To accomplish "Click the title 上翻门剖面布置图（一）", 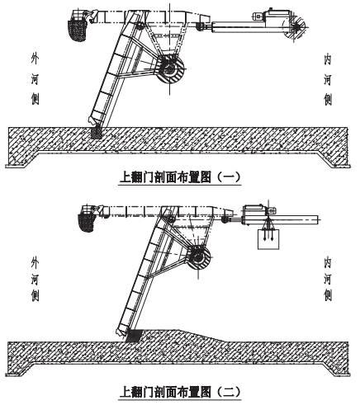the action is pos(180,177).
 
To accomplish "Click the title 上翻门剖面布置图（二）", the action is pos(180,392).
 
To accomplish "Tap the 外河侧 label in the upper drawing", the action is pos(35,80).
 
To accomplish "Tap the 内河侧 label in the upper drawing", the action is pos(328,80).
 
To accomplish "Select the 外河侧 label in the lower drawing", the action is pos(35,279).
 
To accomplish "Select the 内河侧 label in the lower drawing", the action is pos(328,279).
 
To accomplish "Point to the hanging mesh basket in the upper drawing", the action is pos(77,30).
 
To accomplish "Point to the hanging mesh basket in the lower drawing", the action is pos(87,222).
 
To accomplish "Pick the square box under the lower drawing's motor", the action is pos(268,239).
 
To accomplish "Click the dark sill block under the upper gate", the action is pos(96,133).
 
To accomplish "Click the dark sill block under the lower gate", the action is pos(135,336).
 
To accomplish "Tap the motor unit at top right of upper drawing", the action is pos(272,17).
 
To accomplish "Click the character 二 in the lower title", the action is pos(228,392).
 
